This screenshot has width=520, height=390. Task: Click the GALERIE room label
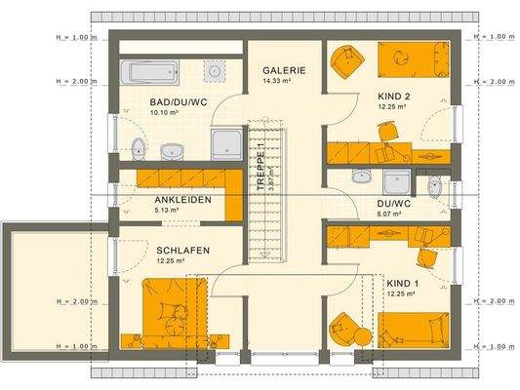click(285, 71)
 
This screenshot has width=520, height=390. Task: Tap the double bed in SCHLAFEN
click(172, 312)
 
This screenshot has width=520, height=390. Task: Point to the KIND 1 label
click(401, 283)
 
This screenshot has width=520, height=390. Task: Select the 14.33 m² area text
click(285, 83)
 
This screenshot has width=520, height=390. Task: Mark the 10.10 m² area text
click(164, 113)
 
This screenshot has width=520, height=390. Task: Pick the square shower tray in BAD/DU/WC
click(228, 142)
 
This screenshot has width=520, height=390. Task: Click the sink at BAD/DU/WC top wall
click(215, 70)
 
